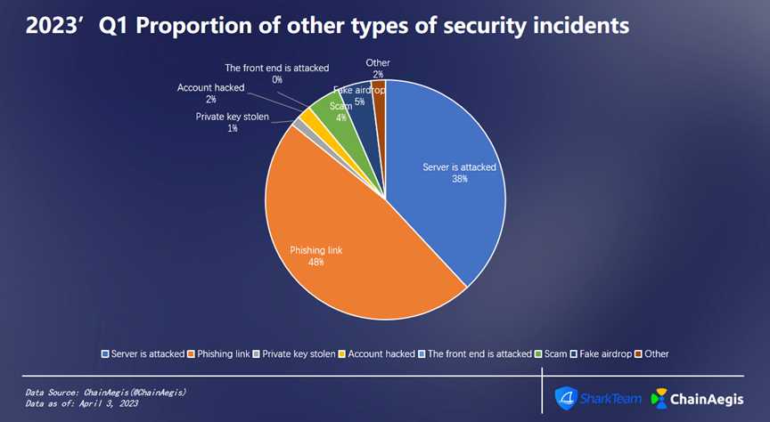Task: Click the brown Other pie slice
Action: (380, 92)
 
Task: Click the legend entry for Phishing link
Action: (220, 353)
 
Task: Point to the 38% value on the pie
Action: (459, 178)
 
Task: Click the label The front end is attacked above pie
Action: (277, 68)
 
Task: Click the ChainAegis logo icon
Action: (660, 398)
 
